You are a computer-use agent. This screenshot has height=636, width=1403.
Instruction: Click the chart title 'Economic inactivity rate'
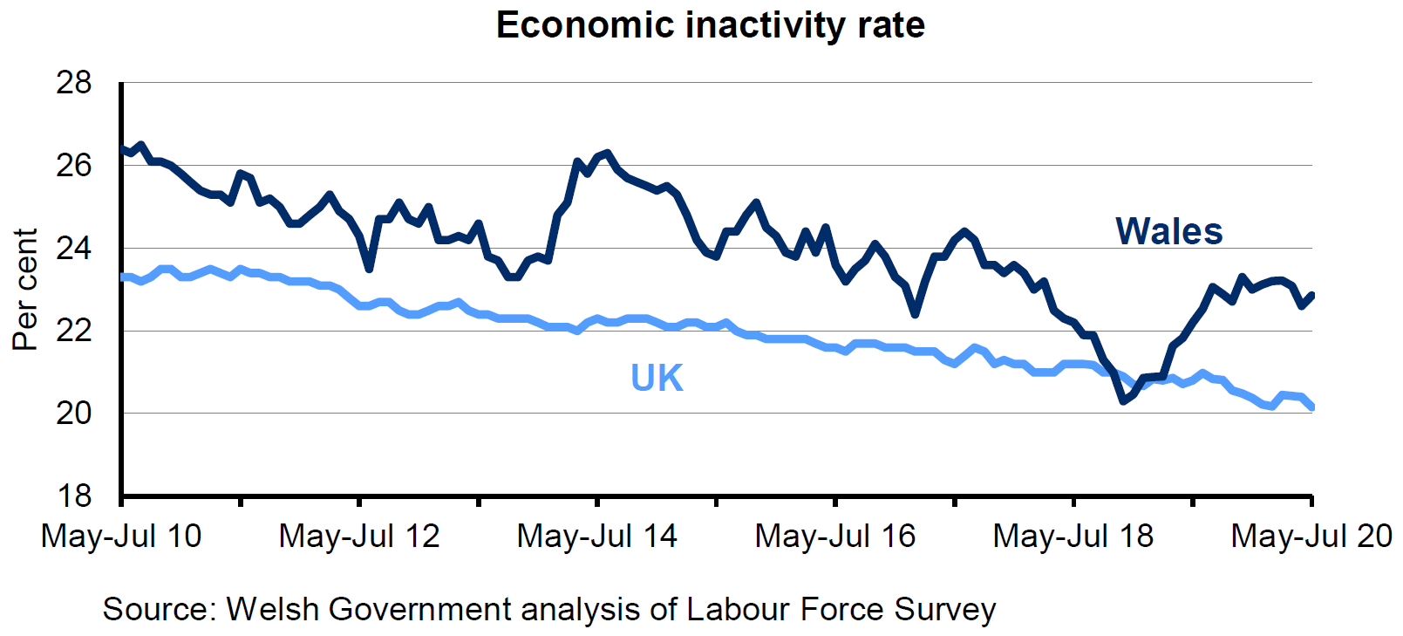[x=710, y=25]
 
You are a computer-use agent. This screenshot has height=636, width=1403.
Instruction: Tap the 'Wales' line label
[x=1168, y=232]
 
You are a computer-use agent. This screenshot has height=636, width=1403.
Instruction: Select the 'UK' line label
[x=657, y=378]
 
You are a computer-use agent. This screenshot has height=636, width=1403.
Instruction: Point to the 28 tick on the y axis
[x=74, y=83]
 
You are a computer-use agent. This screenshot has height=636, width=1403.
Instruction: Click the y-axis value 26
[x=74, y=166]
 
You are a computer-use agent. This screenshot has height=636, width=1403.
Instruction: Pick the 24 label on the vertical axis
[x=74, y=249]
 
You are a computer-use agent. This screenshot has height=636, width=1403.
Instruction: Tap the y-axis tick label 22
[x=74, y=331]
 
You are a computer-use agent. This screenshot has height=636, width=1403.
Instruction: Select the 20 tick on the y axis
[x=74, y=413]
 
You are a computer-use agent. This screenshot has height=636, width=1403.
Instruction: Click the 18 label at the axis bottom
[x=74, y=496]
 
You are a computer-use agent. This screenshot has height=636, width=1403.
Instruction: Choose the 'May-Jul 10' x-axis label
[x=121, y=536]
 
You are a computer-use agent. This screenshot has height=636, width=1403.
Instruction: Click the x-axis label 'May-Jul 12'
[x=359, y=536]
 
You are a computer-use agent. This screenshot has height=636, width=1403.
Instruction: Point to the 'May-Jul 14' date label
[x=597, y=536]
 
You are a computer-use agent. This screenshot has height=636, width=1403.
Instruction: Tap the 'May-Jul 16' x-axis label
[x=835, y=536]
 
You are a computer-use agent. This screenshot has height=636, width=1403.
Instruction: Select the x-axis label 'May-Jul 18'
[x=1073, y=536]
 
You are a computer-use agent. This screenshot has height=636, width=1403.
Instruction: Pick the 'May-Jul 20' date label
[x=1311, y=536]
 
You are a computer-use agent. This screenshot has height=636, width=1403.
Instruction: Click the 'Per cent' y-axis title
[x=25, y=290]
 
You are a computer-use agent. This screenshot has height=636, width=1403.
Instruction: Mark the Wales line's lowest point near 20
[x=1123, y=401]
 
